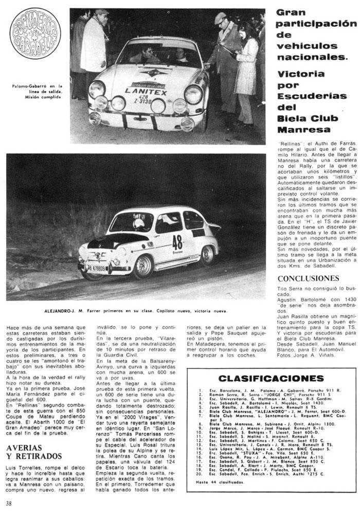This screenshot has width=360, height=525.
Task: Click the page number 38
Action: coord(9,516)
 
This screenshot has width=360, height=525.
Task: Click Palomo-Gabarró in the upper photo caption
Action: coord(31,86)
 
